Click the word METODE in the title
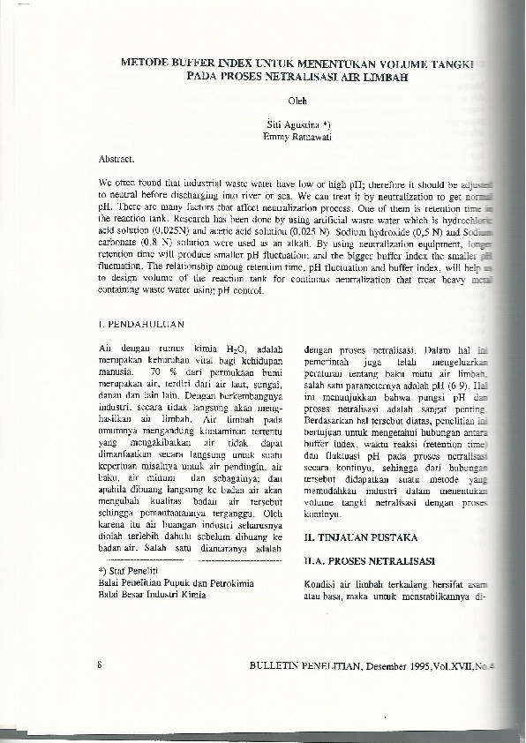145,64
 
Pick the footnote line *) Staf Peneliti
127,573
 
